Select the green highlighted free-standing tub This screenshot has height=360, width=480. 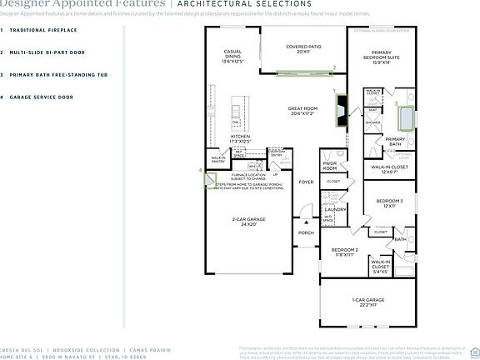(406, 116)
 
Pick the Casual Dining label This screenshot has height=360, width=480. (232, 57)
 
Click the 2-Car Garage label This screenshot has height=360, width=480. (248, 222)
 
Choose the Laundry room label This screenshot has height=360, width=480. (336, 209)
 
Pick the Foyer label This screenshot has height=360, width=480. (307, 182)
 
